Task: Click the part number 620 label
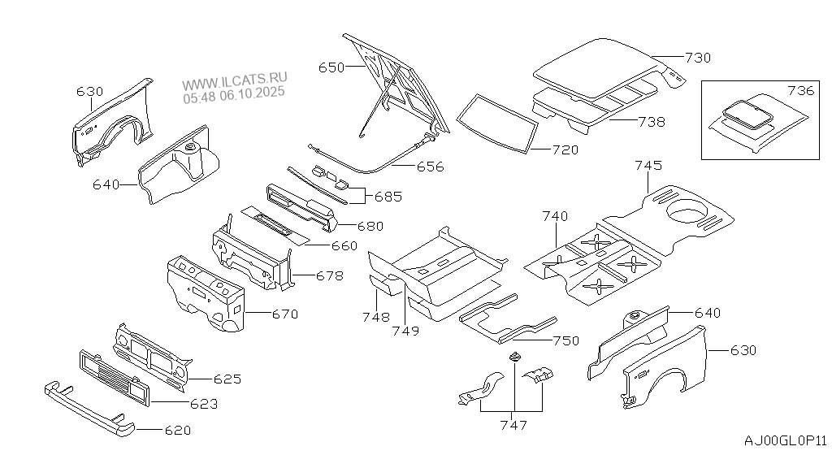pyautogui.click(x=177, y=430)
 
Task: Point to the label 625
pyautogui.click(x=227, y=379)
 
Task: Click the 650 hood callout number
pyautogui.click(x=331, y=68)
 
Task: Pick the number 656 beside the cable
pyautogui.click(x=430, y=167)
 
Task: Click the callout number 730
pyautogui.click(x=697, y=58)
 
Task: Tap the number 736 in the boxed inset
pyautogui.click(x=800, y=90)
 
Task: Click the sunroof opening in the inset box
pyautogui.click(x=745, y=111)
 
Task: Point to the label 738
pyautogui.click(x=651, y=122)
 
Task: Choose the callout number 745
pyautogui.click(x=648, y=165)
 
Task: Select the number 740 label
pyautogui.click(x=555, y=216)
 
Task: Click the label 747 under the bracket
pyautogui.click(x=514, y=424)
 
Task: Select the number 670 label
pyautogui.click(x=284, y=314)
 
